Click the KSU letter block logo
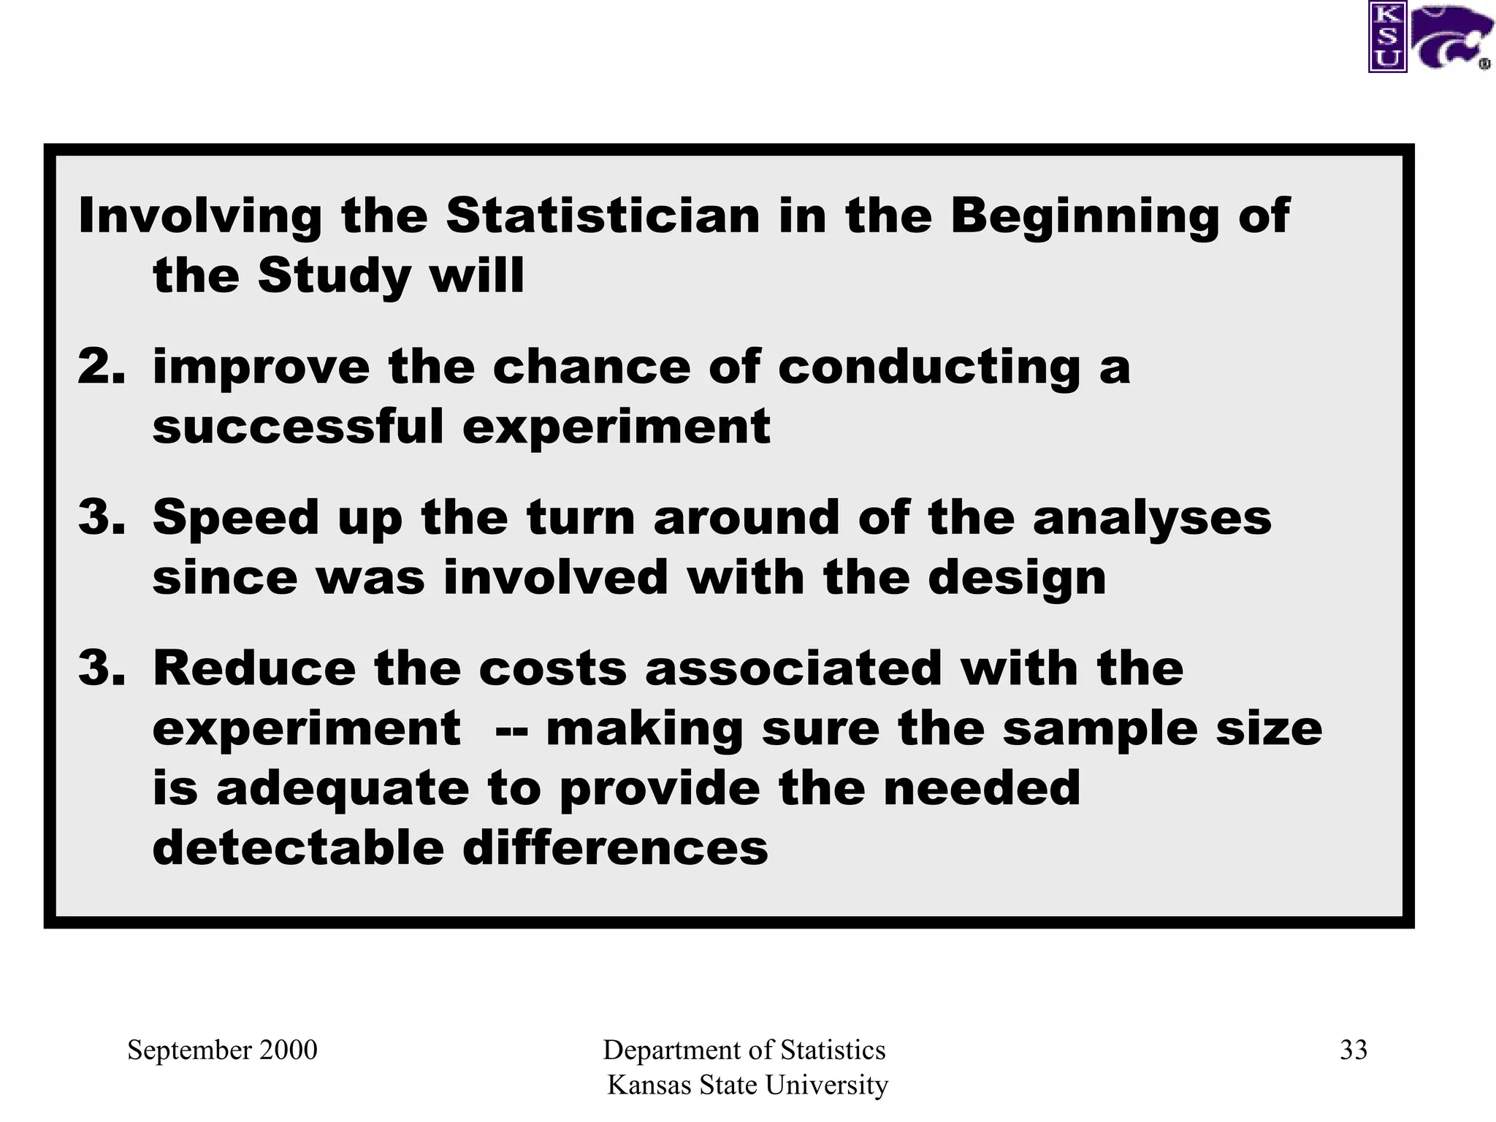pos(1387,37)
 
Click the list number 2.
pos(100,366)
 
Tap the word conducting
pos(928,367)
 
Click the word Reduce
pos(254,668)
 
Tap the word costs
pos(552,668)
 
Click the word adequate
pos(342,790)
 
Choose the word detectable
pos(298,848)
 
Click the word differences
pos(615,848)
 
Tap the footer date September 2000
pos(222,1050)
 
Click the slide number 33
pos(1354,1050)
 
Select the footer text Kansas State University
pos(747,1085)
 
